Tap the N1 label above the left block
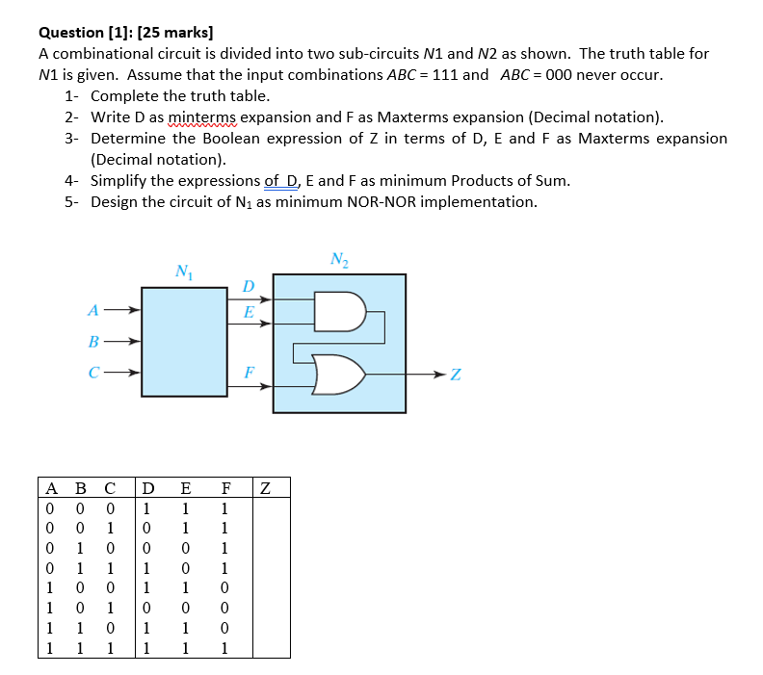182,271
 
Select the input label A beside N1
92,310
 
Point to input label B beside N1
92,341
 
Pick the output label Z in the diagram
455,375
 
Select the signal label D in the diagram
249,287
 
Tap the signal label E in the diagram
249,312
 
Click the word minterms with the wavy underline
201,117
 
